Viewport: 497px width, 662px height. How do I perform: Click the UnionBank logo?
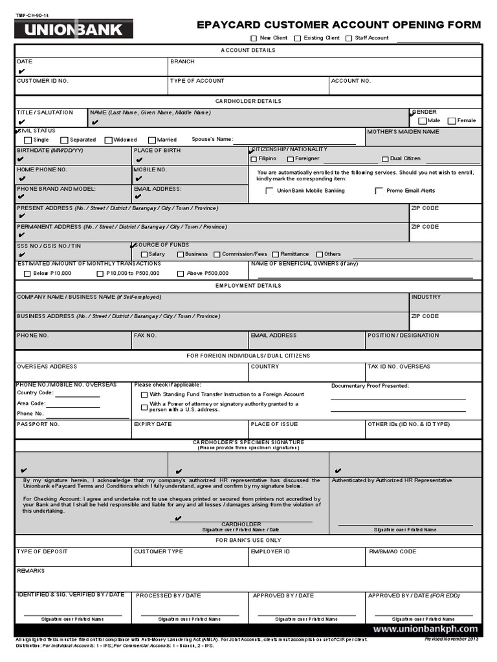(73, 29)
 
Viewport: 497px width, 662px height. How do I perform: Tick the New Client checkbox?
(254, 38)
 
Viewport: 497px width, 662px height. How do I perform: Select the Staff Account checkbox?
(349, 38)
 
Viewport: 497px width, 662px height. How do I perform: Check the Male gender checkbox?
(423, 121)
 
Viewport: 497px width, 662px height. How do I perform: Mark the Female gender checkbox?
(452, 121)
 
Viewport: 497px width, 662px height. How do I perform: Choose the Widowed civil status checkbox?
(107, 140)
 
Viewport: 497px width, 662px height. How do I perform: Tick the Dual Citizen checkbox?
(385, 158)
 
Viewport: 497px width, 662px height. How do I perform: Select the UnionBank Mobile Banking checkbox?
(269, 191)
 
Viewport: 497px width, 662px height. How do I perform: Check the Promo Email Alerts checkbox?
(379, 191)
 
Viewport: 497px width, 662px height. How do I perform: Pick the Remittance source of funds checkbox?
(275, 255)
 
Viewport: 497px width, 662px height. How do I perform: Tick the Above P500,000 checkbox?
(181, 273)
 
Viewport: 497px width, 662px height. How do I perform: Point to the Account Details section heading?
(248, 50)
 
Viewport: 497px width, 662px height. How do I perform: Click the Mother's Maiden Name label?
(403, 132)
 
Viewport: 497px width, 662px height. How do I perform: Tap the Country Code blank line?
(78, 395)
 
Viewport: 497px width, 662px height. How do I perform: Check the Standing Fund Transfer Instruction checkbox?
(144, 394)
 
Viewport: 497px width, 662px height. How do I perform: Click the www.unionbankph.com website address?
(425, 628)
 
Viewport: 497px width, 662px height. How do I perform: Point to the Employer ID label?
(270, 551)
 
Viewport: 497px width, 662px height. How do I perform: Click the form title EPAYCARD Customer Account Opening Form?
(339, 25)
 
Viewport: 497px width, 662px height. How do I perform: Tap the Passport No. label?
(38, 424)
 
